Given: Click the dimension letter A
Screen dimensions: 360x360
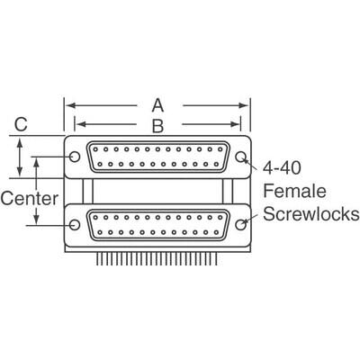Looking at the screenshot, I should click(157, 105).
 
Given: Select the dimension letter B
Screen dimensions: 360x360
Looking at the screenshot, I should click(157, 125).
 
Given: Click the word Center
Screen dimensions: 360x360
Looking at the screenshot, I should click(30, 195).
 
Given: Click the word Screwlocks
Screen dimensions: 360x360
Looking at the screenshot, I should click(312, 214).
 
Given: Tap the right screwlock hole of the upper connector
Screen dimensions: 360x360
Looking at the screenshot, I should click(240, 158).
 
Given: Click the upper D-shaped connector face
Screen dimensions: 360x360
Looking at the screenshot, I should click(157, 158).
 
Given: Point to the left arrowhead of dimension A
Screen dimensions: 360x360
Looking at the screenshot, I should click(68, 105).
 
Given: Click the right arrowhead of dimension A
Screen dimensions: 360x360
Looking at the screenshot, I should click(247, 105).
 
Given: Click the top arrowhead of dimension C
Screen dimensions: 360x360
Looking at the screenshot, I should click(21, 140).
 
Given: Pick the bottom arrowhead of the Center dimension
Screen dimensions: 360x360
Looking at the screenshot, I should click(36, 222).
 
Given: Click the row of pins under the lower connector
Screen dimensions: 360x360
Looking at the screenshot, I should click(157, 258).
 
